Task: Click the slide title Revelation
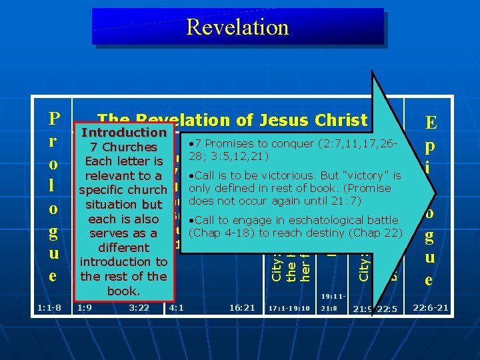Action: point(237,27)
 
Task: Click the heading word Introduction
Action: point(123,133)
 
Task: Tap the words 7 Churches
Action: point(123,147)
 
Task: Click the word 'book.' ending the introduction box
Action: point(123,291)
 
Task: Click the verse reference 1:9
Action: point(85,309)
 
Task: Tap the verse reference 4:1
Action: point(177,309)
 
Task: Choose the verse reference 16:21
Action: point(242,309)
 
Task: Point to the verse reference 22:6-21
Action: point(431,308)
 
